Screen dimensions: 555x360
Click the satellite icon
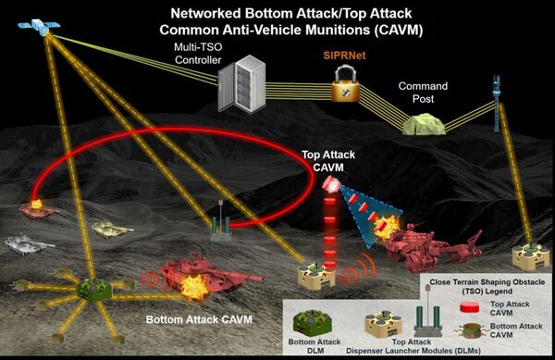(x=39, y=26)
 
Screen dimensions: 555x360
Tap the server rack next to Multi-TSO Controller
(x=241, y=83)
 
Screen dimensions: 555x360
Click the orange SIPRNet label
(x=344, y=56)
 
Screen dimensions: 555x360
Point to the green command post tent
(x=424, y=124)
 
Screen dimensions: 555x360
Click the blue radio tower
(x=497, y=103)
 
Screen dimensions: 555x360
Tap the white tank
(x=29, y=244)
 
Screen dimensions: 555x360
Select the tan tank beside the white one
(x=113, y=230)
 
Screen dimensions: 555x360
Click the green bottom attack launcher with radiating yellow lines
(x=93, y=290)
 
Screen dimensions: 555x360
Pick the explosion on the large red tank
(x=193, y=286)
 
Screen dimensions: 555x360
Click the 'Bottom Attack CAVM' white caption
(x=199, y=319)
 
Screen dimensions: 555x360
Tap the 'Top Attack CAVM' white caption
(x=328, y=161)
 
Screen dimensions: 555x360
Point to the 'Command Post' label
(x=423, y=92)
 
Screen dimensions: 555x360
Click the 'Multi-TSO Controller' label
(x=198, y=54)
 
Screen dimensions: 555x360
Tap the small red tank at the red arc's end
(x=38, y=210)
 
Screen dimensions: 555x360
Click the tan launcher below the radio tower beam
(x=530, y=256)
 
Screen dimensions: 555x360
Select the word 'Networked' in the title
(x=205, y=14)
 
